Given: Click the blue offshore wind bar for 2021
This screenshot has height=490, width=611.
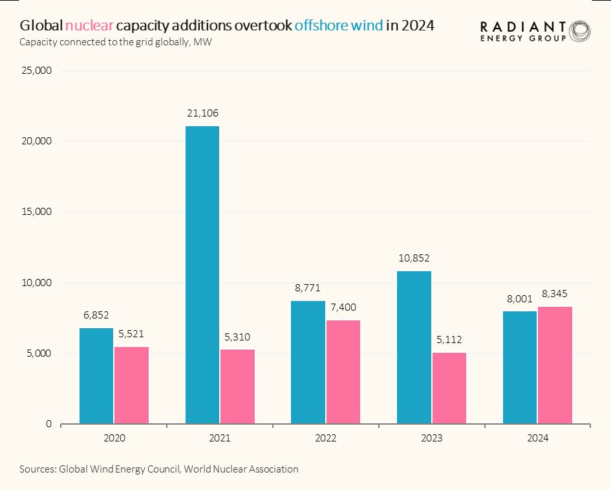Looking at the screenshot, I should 202,275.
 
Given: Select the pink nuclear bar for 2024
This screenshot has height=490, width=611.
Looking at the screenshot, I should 555,366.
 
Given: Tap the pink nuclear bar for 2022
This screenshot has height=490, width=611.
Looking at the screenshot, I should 343,372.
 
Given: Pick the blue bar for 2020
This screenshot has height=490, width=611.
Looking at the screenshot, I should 96,376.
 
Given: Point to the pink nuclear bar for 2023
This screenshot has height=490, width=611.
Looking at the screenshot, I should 449,388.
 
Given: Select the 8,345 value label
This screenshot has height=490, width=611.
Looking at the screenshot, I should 555,294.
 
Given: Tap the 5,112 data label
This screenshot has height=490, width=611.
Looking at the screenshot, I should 449,339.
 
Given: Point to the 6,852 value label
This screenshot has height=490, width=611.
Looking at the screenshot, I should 96,315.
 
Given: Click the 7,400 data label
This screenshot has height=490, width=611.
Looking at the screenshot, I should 343,307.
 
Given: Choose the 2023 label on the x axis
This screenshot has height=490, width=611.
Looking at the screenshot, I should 431,438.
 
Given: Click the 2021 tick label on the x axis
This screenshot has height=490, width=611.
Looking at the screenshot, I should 220,438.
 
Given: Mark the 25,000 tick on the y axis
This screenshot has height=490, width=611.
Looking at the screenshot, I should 36,70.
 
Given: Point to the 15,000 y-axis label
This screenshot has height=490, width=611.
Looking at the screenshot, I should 36,212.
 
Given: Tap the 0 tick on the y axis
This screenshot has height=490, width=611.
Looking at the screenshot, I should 48,424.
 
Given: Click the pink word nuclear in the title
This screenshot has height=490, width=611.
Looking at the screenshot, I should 89,26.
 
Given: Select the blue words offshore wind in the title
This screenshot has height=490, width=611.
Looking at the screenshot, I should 338,26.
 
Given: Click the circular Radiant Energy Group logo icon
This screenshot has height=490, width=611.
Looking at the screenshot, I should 579,30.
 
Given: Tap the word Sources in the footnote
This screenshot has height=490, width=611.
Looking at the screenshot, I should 37,469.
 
